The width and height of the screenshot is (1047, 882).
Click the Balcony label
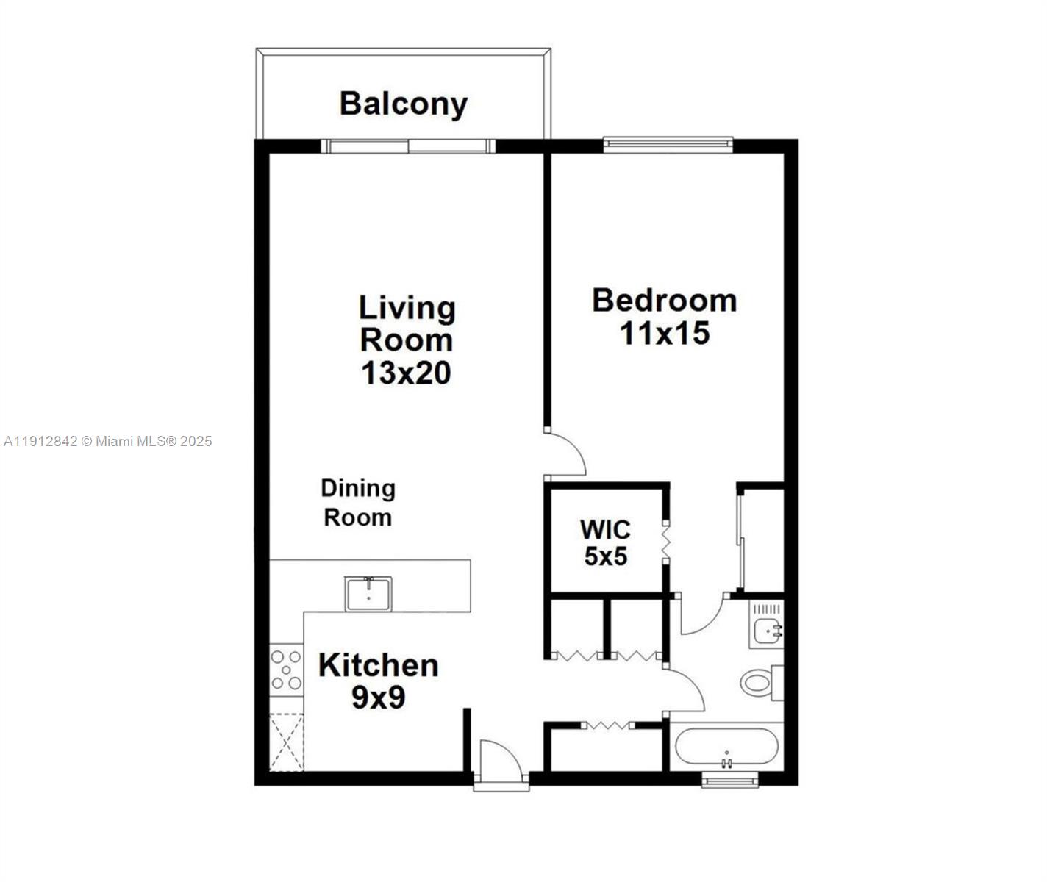pyautogui.click(x=403, y=104)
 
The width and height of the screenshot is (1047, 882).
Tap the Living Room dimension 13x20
pyautogui.click(x=406, y=373)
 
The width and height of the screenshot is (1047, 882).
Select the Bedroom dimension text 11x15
pyautogui.click(x=664, y=333)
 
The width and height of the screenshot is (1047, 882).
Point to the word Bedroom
pyautogui.click(x=664, y=301)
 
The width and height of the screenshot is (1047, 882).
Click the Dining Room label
pyautogui.click(x=358, y=503)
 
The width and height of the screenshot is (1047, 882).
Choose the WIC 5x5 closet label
pyautogui.click(x=605, y=542)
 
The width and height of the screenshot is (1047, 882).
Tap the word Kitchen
pyautogui.click(x=378, y=665)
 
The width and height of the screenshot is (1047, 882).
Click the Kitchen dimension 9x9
pyautogui.click(x=378, y=698)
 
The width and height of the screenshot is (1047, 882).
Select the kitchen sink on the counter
pyautogui.click(x=368, y=593)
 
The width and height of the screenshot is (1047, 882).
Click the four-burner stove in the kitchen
pyautogui.click(x=286, y=670)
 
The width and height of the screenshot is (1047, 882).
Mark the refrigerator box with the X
pyautogui.click(x=286, y=742)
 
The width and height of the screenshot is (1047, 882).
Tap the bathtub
pyautogui.click(x=726, y=747)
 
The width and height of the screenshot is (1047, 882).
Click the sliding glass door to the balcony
pyautogui.click(x=409, y=146)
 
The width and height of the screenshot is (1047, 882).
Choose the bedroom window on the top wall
pyautogui.click(x=668, y=145)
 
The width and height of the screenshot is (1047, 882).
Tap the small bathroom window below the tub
pyautogui.click(x=729, y=781)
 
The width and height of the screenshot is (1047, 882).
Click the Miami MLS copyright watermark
pyautogui.click(x=108, y=441)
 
